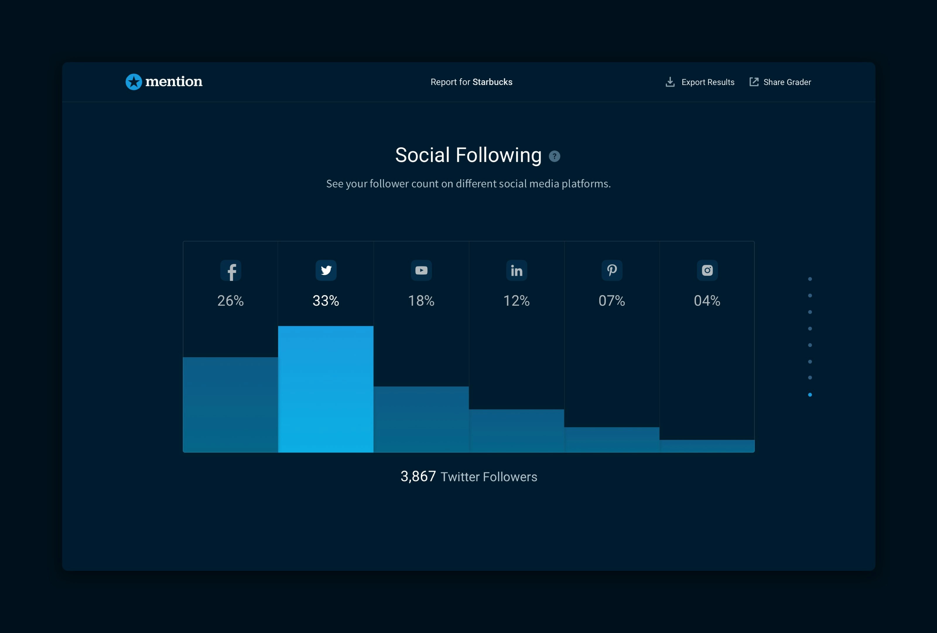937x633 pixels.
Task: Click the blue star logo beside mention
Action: pyautogui.click(x=134, y=82)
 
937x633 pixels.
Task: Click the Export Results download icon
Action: pyautogui.click(x=670, y=82)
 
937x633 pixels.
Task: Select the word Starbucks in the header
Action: pyautogui.click(x=492, y=82)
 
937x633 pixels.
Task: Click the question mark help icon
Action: pyautogui.click(x=554, y=156)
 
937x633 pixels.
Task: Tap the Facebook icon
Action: pyautogui.click(x=231, y=270)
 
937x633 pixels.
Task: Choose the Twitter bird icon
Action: pyautogui.click(x=326, y=270)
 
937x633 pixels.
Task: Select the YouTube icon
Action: pyautogui.click(x=421, y=270)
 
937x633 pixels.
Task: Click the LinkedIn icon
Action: pyautogui.click(x=517, y=270)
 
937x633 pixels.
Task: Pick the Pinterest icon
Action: pyautogui.click(x=612, y=270)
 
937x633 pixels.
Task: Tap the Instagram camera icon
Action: pyautogui.click(x=707, y=270)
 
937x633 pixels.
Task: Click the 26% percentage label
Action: pyautogui.click(x=231, y=301)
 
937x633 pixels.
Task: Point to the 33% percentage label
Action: pyautogui.click(x=326, y=301)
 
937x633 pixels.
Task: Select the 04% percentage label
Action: pyautogui.click(x=707, y=301)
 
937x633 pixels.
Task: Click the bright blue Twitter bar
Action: pyautogui.click(x=326, y=389)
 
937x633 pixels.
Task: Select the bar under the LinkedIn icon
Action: pyautogui.click(x=517, y=431)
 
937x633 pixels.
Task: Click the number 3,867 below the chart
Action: pyautogui.click(x=418, y=477)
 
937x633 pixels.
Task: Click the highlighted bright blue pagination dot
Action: pyautogui.click(x=810, y=394)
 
